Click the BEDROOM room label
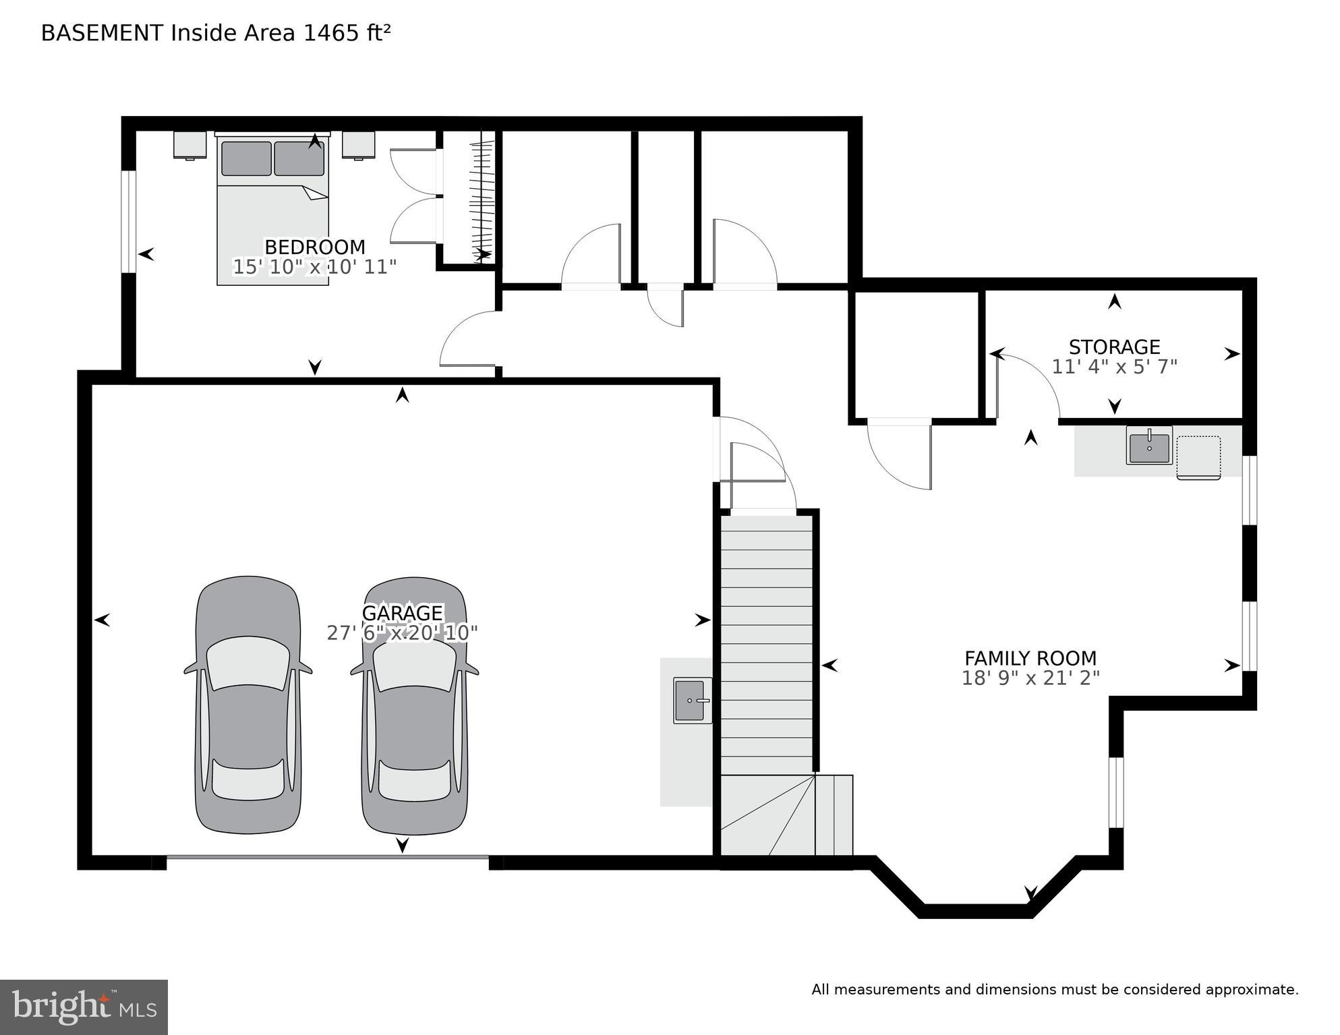click(x=314, y=247)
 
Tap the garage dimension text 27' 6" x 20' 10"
click(x=402, y=633)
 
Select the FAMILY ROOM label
click(x=1030, y=658)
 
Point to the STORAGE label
click(x=1114, y=347)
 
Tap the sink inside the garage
click(x=692, y=701)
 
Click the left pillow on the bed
click(x=246, y=158)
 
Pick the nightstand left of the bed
click(x=190, y=144)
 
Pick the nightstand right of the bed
click(x=358, y=144)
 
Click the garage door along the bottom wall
click(x=327, y=857)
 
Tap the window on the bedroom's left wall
click(x=129, y=221)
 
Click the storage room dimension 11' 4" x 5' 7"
click(x=1114, y=367)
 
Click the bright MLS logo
click(x=84, y=1007)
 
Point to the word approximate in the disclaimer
click(x=1251, y=990)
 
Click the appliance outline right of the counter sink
click(x=1198, y=457)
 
